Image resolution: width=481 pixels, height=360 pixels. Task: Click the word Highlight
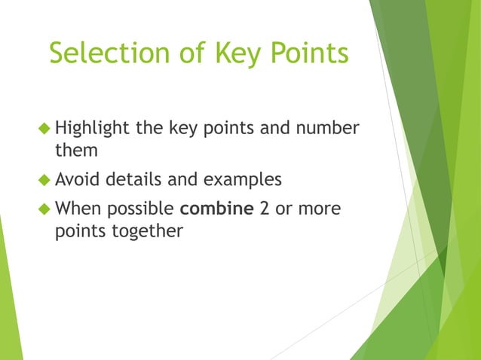pyautogui.click(x=93, y=128)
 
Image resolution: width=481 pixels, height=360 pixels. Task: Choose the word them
pyautogui.click(x=76, y=150)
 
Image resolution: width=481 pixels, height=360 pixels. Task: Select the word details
pyautogui.click(x=137, y=179)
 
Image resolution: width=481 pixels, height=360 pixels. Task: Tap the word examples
pyautogui.click(x=246, y=181)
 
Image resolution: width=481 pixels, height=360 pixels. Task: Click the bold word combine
pyautogui.click(x=217, y=208)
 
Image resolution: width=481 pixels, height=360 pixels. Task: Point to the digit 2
pyautogui.click(x=265, y=208)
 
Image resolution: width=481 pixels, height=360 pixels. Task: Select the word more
pyautogui.click(x=320, y=209)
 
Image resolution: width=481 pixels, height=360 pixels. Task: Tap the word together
pyautogui.click(x=146, y=232)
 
